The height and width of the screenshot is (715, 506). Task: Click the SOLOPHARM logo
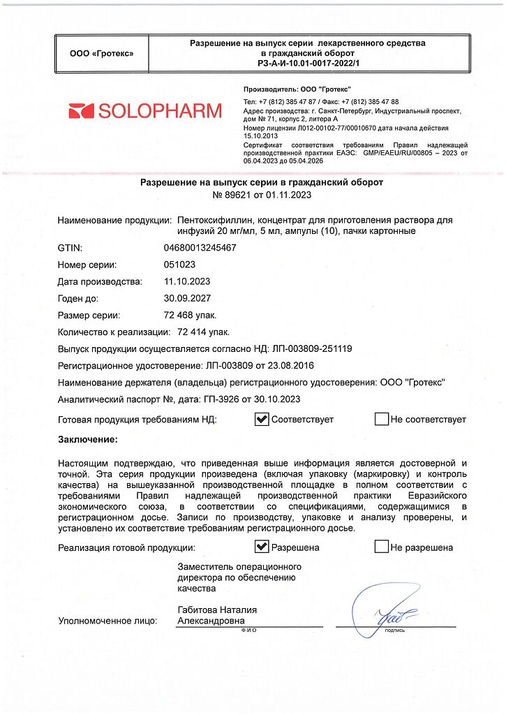[x=146, y=110]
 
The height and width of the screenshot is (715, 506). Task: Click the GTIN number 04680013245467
[x=200, y=248]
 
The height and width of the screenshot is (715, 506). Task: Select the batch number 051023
[x=179, y=265]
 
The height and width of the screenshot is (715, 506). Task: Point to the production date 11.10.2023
[x=186, y=281]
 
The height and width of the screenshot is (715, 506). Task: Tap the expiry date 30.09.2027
[x=186, y=298]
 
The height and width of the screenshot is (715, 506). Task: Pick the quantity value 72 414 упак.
[x=204, y=332]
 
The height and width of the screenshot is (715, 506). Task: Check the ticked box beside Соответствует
[x=262, y=419]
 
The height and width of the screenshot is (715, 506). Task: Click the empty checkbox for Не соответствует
[x=381, y=419]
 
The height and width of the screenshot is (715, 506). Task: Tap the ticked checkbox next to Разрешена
[x=262, y=547]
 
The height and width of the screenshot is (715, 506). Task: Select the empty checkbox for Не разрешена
[x=381, y=547]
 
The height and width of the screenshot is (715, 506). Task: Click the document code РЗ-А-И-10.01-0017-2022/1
[x=308, y=63]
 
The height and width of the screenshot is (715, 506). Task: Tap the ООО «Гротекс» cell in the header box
[x=103, y=53]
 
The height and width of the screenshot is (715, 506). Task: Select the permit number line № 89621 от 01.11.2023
[x=253, y=196]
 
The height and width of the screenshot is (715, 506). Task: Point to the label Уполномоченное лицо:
[x=107, y=620]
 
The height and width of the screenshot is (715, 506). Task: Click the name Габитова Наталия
[x=217, y=610]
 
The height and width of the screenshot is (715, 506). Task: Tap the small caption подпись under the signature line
[x=394, y=630]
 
